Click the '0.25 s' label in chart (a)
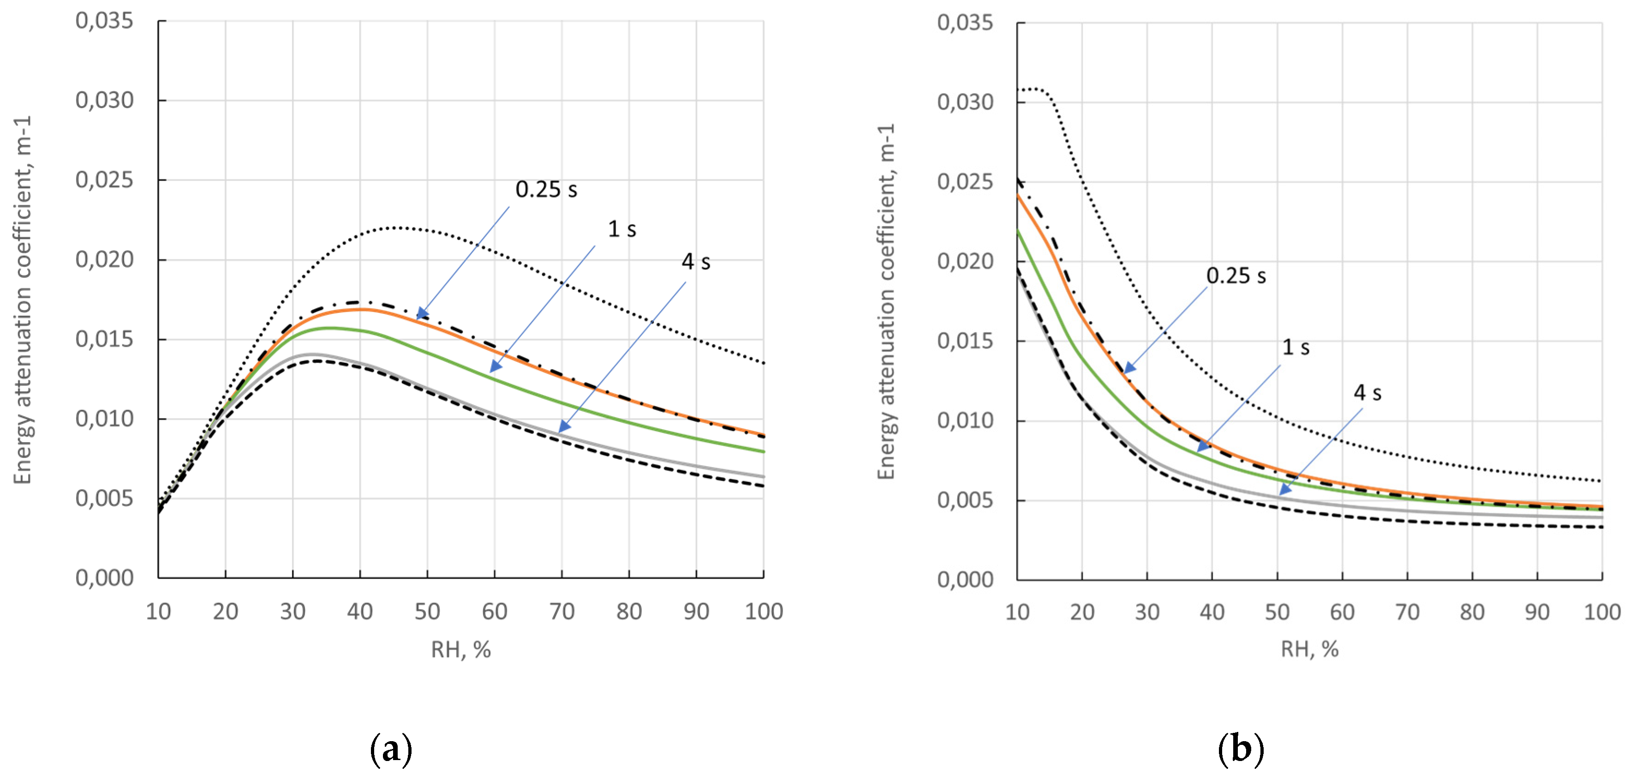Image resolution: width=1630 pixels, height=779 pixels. pos(546,189)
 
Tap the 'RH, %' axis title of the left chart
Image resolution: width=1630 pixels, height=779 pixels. pos(460,649)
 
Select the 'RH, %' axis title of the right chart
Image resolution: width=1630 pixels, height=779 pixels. pos(1309,649)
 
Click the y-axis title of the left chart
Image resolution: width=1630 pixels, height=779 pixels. pos(22,300)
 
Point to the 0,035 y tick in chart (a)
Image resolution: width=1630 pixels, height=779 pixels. pos(104,21)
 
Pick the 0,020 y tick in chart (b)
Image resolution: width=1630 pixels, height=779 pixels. pos(965,261)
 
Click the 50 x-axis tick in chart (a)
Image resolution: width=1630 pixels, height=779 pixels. pos(427,611)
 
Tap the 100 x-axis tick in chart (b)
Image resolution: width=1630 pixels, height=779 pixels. pos(1601,612)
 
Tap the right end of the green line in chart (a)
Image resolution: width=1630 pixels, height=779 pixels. pos(764,452)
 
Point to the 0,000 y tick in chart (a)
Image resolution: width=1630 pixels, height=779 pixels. pos(104,578)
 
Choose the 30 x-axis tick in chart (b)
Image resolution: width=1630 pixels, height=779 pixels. pos(1146,612)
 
